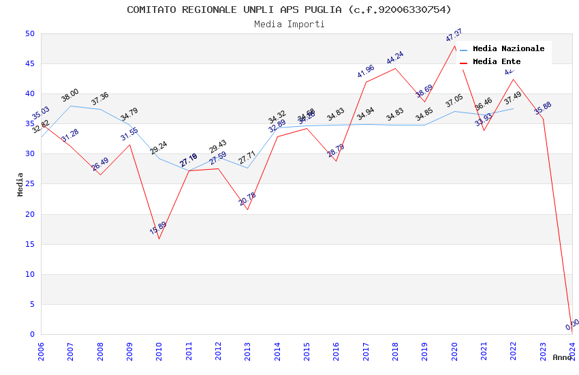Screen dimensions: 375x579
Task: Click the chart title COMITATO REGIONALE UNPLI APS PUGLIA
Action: point(289,10)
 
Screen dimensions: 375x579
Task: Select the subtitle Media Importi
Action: point(289,25)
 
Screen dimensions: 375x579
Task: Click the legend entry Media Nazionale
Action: point(508,49)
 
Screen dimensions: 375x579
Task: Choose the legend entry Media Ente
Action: point(496,62)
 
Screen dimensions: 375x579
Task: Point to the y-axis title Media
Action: point(20,184)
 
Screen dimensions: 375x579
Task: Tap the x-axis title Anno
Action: point(562,357)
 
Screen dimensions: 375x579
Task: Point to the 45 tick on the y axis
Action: point(29,64)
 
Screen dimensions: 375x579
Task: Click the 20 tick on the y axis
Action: point(29,214)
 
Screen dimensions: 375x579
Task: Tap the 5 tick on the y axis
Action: point(31,304)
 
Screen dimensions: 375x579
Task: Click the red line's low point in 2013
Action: point(247,209)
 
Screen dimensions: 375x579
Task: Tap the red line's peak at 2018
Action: point(395,68)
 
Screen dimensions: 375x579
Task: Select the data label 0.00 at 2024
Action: point(572,324)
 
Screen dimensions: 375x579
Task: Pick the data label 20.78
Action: point(247,199)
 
